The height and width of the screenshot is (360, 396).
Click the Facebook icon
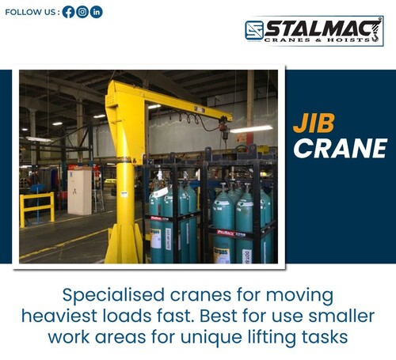pos(69,12)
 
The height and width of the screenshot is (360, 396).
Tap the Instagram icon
pos(82,12)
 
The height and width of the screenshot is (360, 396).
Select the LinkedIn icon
pos(96,12)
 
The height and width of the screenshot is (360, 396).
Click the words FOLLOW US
pos(31,12)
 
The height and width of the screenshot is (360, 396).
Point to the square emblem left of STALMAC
pos(253,31)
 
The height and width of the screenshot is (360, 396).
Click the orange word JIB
pos(314,123)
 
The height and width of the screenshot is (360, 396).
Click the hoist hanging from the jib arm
pos(224,127)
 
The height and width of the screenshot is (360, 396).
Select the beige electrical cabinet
pos(79,191)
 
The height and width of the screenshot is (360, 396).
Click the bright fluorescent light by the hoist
pos(252,128)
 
